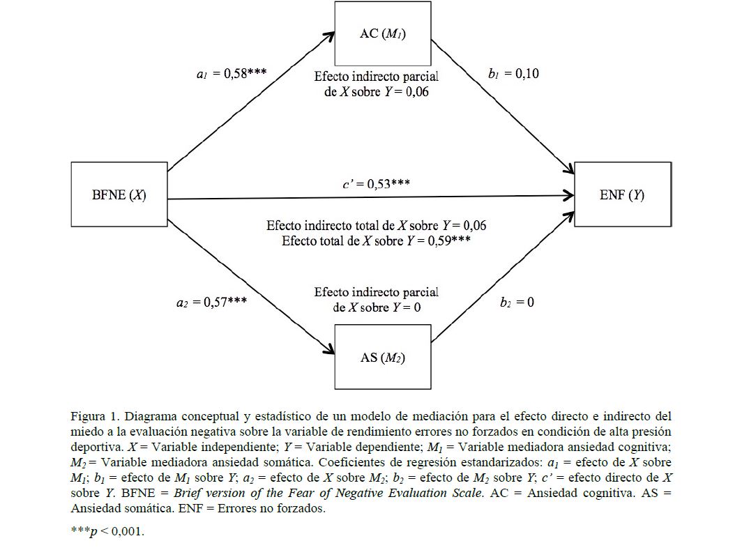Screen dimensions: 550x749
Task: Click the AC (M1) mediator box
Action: (382, 34)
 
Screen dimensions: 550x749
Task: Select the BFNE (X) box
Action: (119, 194)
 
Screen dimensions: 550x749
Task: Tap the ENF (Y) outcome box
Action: (622, 194)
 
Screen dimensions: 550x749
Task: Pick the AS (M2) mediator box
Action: (382, 357)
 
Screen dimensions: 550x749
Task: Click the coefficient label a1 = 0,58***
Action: (231, 73)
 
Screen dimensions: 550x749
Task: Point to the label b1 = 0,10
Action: (512, 73)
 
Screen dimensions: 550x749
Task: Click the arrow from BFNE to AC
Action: (248, 102)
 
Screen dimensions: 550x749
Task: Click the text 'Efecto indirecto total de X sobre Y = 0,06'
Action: (377, 226)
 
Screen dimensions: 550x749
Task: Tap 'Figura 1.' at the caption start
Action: (92, 417)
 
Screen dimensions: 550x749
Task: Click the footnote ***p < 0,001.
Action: (107, 531)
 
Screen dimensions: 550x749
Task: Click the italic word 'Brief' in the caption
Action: (188, 494)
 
